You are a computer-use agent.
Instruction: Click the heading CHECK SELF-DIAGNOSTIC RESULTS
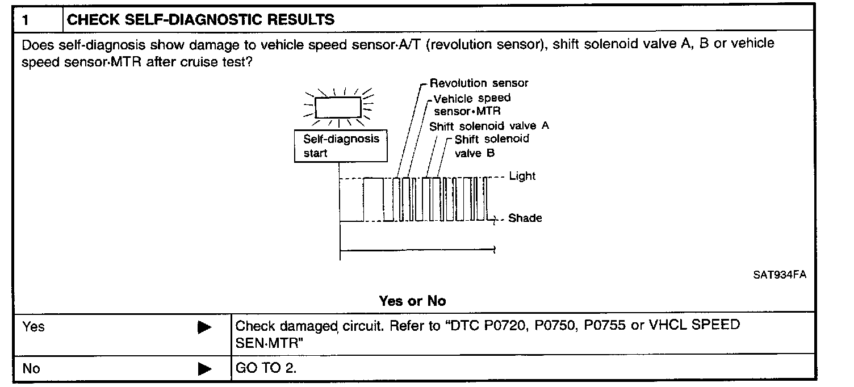tap(200, 20)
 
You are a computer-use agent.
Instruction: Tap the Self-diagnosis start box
tap(341, 146)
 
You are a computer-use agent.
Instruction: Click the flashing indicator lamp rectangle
tap(338, 107)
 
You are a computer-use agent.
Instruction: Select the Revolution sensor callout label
tap(479, 83)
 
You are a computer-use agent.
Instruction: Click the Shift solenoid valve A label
tap(489, 126)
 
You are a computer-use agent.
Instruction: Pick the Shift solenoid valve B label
tap(491, 146)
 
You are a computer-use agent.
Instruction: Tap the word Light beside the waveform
tap(522, 176)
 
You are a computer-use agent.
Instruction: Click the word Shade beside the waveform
tap(525, 218)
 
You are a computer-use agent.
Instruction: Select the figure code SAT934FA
tap(780, 275)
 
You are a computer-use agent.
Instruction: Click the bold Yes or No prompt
tap(412, 301)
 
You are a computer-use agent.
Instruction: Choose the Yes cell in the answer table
tap(34, 327)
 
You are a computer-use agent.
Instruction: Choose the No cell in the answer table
tap(31, 369)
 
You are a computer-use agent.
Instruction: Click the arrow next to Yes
tap(204, 327)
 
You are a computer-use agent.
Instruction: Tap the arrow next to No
tap(204, 369)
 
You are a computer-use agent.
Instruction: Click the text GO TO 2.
tap(266, 369)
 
